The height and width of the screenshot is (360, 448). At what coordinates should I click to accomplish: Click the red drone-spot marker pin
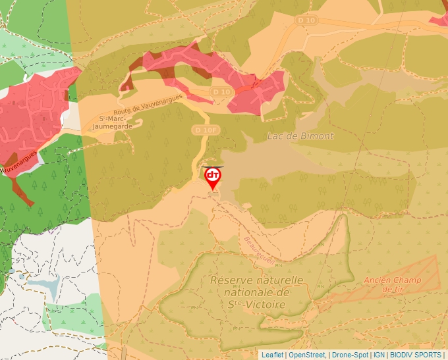click(x=213, y=177)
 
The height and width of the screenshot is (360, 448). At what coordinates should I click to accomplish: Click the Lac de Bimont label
click(x=300, y=136)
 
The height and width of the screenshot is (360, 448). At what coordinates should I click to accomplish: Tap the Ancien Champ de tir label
click(x=393, y=284)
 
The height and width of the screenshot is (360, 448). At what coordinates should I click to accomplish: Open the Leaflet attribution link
click(x=272, y=355)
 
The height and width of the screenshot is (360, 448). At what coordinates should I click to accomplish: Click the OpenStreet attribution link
click(x=306, y=355)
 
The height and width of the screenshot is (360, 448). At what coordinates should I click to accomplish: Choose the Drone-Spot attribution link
click(x=350, y=355)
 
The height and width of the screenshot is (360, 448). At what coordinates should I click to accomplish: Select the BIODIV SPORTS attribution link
click(x=415, y=355)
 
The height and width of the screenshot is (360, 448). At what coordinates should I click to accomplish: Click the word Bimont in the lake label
click(x=318, y=136)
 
